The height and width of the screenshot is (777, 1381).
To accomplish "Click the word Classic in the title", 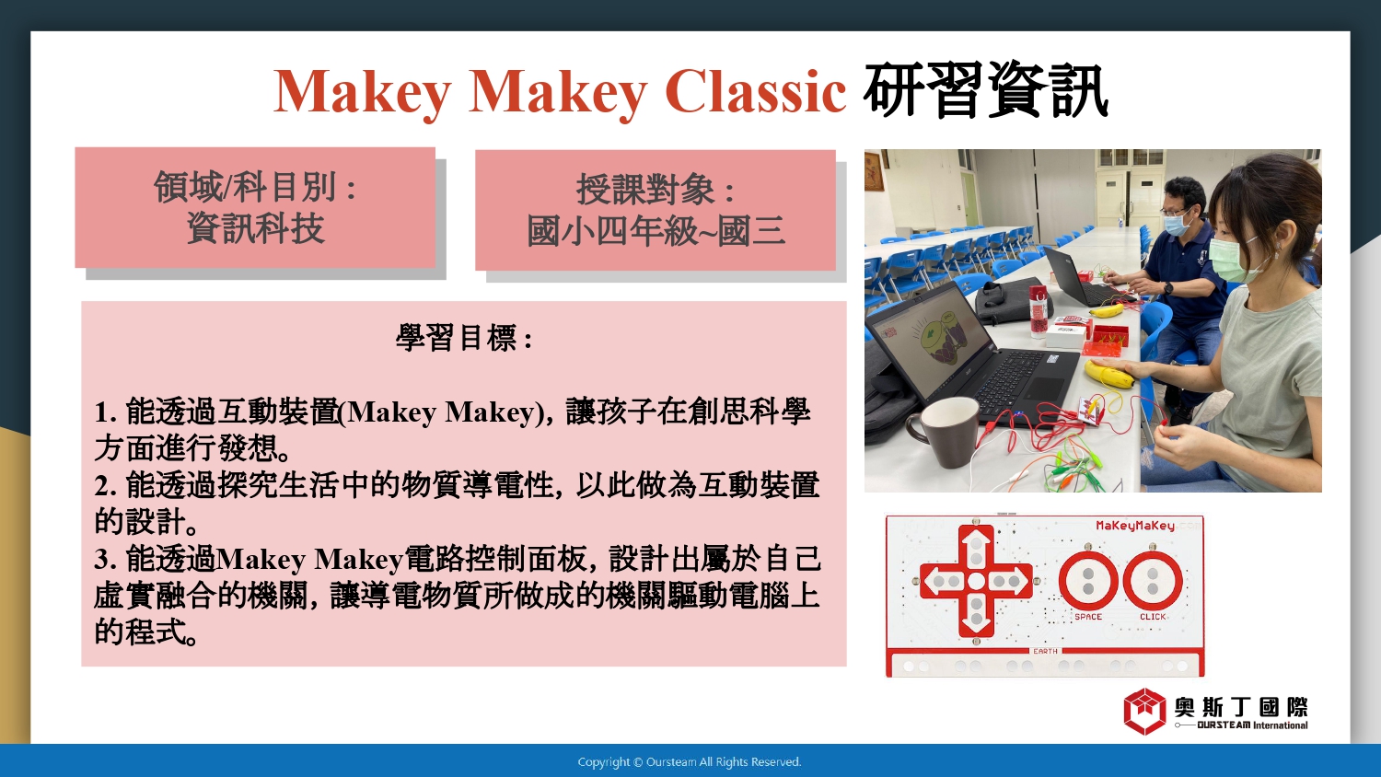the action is [755, 92].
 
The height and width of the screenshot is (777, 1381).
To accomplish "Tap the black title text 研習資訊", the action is [985, 90].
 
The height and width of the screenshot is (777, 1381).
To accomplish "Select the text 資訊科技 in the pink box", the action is [255, 229].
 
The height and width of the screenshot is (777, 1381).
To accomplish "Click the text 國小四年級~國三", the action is [656, 231].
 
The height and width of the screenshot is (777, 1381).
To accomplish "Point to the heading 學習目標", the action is [463, 338].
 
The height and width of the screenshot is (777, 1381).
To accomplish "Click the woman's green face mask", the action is [1233, 259].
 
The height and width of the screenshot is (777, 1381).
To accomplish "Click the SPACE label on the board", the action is [1088, 617].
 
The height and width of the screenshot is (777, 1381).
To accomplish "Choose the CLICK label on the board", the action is [1153, 617].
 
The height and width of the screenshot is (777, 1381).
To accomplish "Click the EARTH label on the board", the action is [1046, 651].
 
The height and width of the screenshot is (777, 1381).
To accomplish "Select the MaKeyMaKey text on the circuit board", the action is [1135, 526].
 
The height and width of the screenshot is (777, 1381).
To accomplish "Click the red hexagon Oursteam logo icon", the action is [1144, 711].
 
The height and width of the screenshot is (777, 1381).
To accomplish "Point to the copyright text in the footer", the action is [690, 762].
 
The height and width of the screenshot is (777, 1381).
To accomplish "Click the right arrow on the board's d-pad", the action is [1010, 582].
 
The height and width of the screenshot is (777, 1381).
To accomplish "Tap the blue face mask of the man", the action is [1177, 223].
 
